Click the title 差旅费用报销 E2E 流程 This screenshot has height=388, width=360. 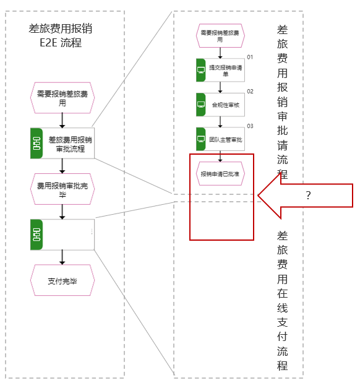(x=61, y=35)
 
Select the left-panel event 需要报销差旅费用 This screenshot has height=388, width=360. (x=62, y=98)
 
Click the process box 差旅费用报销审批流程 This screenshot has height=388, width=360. (x=62, y=143)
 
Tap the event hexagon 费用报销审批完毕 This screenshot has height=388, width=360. (x=62, y=189)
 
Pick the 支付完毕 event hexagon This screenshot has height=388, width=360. (x=62, y=280)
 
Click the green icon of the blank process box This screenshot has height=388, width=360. (x=36, y=235)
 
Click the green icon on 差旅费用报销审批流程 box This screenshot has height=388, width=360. (x=36, y=143)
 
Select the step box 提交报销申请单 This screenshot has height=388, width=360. (x=220, y=71)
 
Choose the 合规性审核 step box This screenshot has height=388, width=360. (x=220, y=105)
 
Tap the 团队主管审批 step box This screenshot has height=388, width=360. (x=220, y=139)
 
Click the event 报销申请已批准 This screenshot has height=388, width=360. (x=220, y=174)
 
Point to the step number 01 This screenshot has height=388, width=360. (x=250, y=57)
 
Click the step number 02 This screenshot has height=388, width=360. (x=250, y=92)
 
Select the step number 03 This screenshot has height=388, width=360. (x=250, y=126)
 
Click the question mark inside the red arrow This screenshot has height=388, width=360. (x=308, y=196)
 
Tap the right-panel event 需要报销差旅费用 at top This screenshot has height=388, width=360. (x=220, y=36)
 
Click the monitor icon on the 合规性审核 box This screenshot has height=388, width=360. (x=201, y=105)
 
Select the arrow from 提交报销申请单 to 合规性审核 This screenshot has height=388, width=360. (x=220, y=87)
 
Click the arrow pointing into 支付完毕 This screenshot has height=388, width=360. (x=62, y=257)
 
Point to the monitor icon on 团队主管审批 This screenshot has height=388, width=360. (x=201, y=139)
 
